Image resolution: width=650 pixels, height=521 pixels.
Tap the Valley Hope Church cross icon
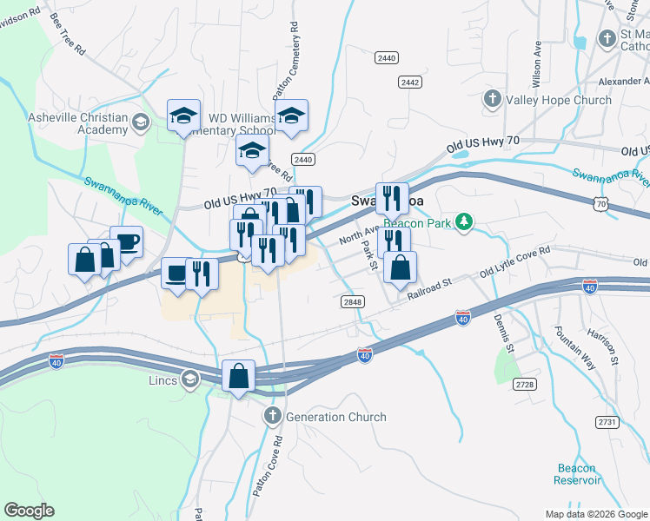[x=492, y=100]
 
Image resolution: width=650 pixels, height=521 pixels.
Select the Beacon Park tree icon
[x=466, y=222]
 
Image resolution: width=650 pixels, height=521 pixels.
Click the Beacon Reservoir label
[x=578, y=474]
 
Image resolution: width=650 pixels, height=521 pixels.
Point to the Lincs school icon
[x=189, y=379]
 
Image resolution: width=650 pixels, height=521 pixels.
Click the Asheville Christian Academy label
[x=77, y=124]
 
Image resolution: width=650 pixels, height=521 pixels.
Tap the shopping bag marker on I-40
[x=239, y=376]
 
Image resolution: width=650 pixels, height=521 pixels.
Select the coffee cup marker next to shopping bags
[x=127, y=242]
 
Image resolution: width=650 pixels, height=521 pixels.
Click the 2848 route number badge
[x=352, y=300]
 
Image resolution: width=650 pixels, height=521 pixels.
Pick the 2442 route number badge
[x=410, y=82]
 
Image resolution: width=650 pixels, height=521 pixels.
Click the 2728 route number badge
[x=524, y=383]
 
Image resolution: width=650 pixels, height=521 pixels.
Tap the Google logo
[x=29, y=511]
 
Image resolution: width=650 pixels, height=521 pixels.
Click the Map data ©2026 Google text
[x=595, y=514]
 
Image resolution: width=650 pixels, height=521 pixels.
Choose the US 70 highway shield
[x=602, y=204]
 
